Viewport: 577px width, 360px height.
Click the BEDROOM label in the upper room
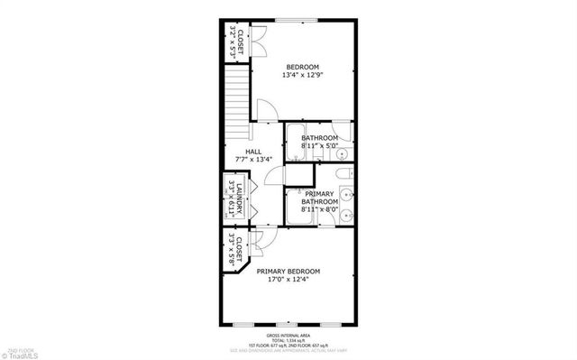[303, 67]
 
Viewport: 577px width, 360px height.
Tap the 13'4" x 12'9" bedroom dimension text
[303, 76]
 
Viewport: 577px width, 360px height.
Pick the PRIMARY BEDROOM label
[288, 272]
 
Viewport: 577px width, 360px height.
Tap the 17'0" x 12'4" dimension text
[288, 281]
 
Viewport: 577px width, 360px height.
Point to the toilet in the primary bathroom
[343, 176]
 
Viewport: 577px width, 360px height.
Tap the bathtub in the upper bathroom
[298, 143]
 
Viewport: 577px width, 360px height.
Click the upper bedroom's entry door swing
[268, 112]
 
